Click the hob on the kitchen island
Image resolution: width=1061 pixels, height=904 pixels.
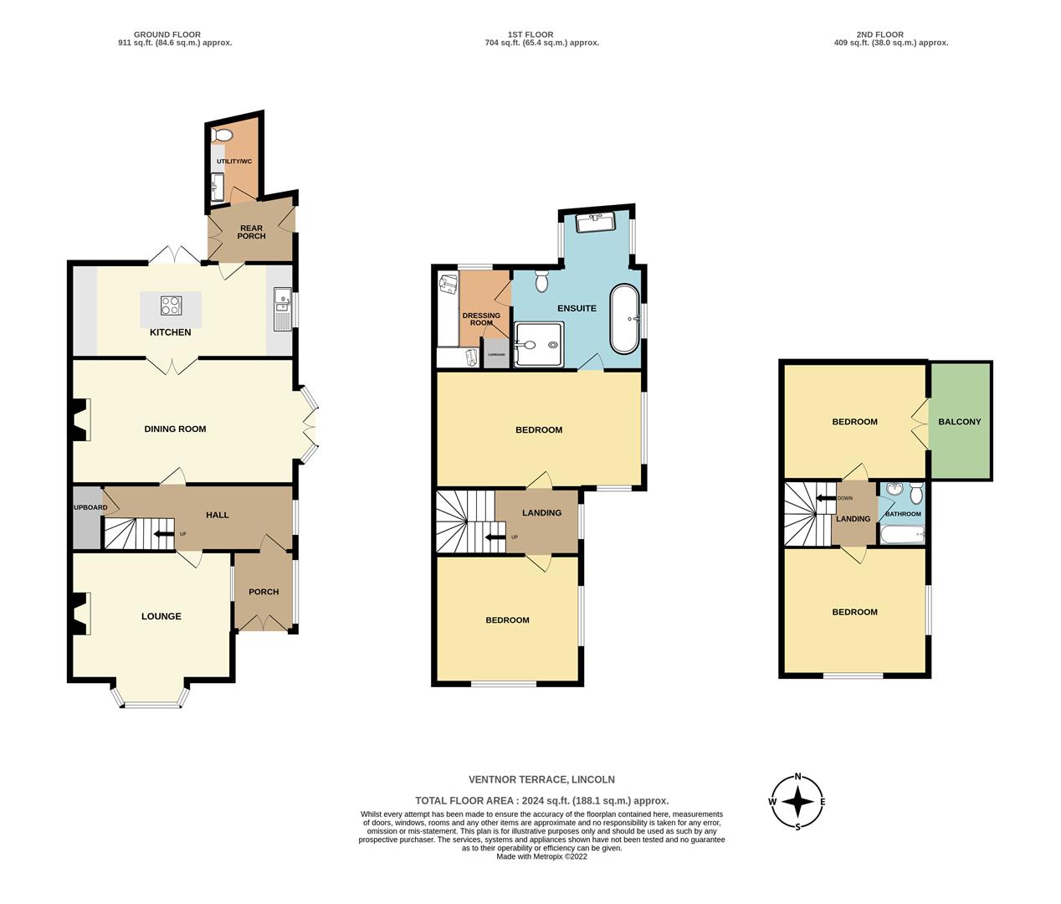click(x=172, y=306)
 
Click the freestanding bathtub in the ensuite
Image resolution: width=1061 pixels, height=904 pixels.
click(x=623, y=319)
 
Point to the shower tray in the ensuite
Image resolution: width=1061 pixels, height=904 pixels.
click(x=541, y=345)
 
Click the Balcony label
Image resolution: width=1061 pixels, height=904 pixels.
click(x=960, y=422)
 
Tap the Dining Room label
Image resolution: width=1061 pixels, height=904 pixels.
click(x=175, y=429)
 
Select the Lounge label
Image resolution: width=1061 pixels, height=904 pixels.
click(x=161, y=617)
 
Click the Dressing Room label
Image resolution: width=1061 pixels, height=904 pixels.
click(x=481, y=319)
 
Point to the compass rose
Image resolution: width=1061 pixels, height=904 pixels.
click(x=798, y=801)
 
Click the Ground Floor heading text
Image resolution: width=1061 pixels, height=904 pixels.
click(x=175, y=39)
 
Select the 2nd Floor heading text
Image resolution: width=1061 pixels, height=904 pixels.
click(x=879, y=39)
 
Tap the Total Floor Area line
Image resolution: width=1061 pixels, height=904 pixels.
click(x=542, y=801)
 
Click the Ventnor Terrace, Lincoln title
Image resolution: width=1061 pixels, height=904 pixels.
click(x=542, y=779)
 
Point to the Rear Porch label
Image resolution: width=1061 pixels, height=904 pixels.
click(x=251, y=232)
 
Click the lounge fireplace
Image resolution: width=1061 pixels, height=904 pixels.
click(x=80, y=614)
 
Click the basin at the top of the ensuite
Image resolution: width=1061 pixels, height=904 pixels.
click(x=596, y=222)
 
